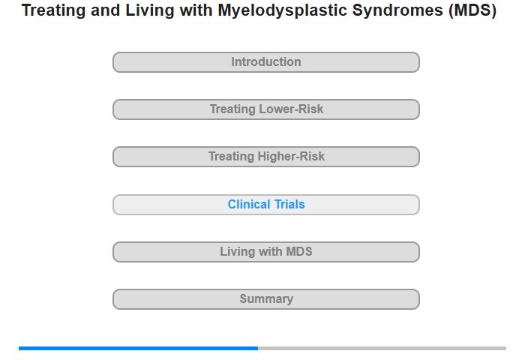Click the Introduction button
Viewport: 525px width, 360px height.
[x=266, y=62]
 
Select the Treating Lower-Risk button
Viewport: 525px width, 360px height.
[x=266, y=109]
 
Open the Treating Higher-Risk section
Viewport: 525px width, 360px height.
[x=266, y=157]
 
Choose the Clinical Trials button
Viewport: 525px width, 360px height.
[x=266, y=205]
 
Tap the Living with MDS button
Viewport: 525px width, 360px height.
[x=266, y=252]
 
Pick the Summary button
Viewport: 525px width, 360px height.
[x=266, y=299]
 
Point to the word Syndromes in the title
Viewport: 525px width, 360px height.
[x=398, y=10]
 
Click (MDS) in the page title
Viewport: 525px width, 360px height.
[x=472, y=10]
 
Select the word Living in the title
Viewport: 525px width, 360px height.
[x=150, y=10]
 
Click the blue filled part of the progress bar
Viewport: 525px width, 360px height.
[x=138, y=348]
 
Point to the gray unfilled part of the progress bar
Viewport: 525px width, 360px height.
[x=382, y=348]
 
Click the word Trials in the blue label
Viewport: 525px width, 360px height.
[x=289, y=204]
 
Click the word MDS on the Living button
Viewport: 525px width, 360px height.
[x=298, y=251]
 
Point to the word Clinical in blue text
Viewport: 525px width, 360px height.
[x=249, y=204]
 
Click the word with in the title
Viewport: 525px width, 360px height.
[x=196, y=10]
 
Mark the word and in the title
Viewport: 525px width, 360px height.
[x=106, y=10]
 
